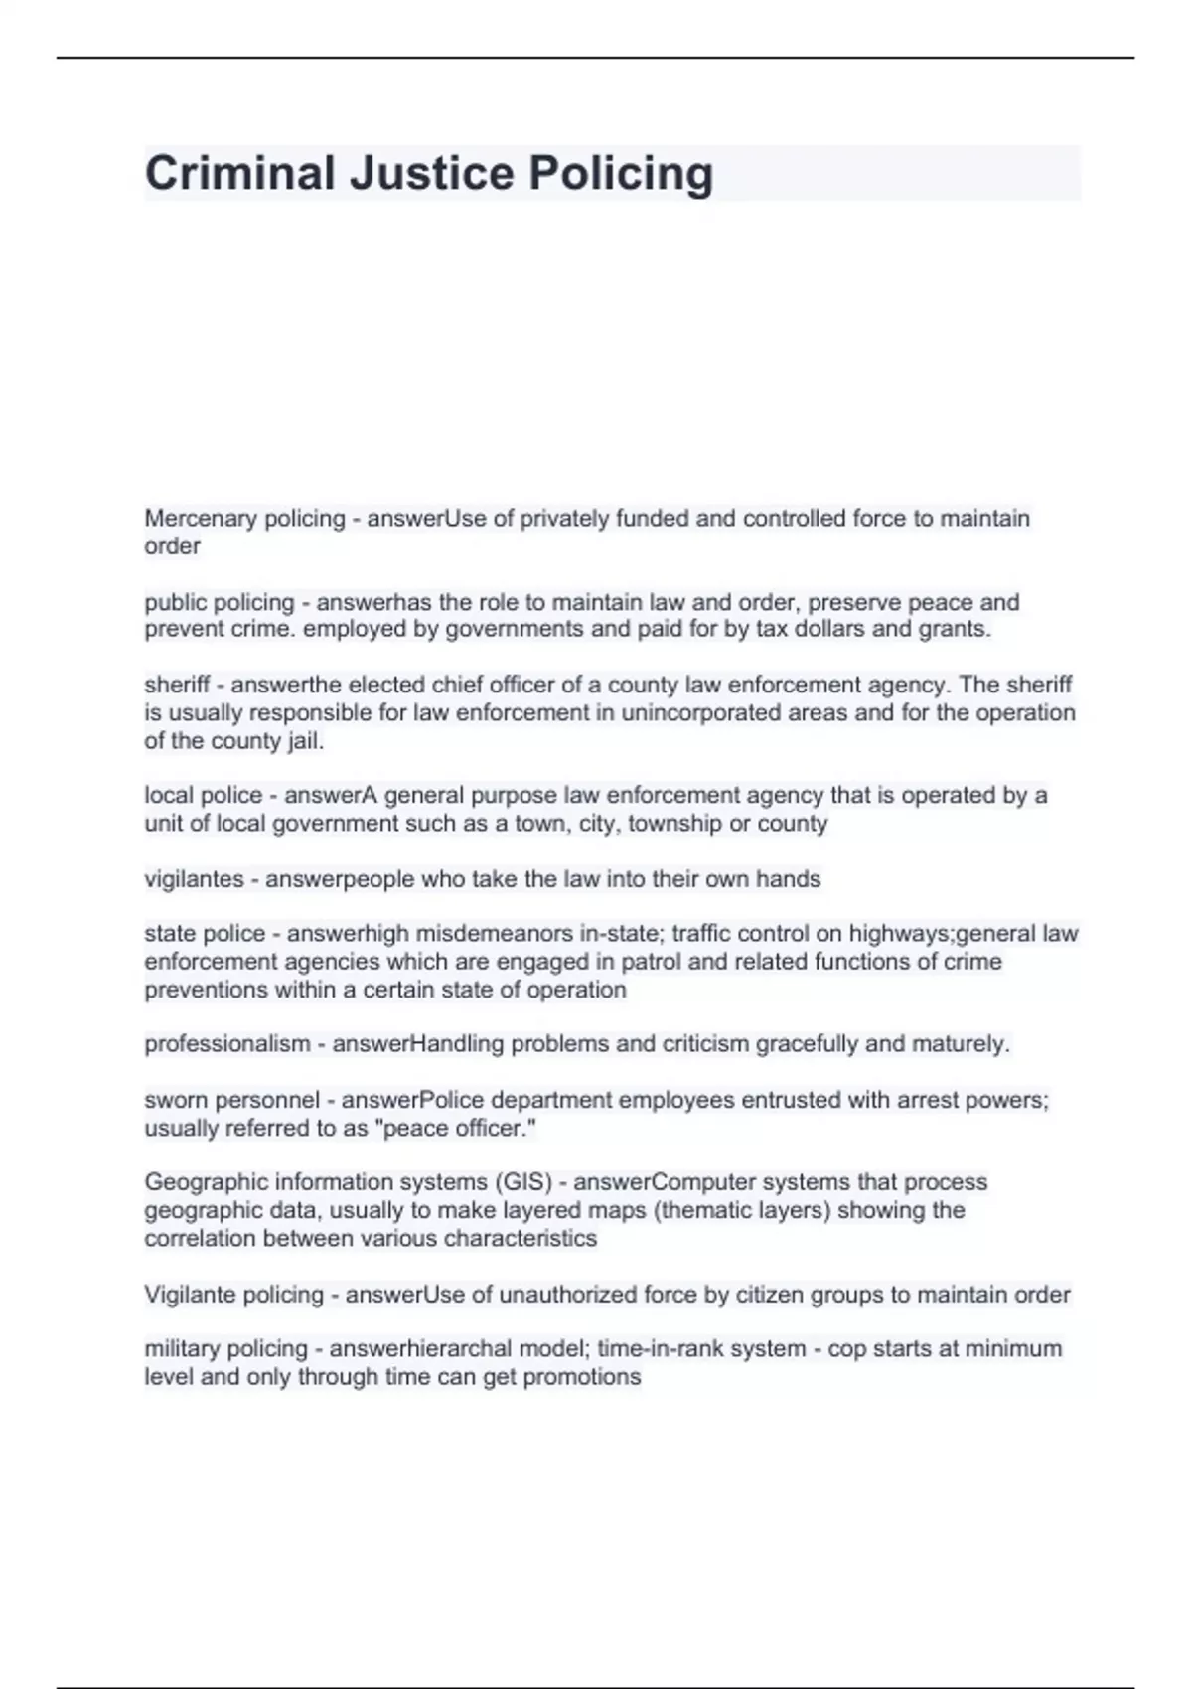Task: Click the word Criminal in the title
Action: point(239,173)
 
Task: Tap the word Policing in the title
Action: point(620,175)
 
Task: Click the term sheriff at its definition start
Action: point(177,685)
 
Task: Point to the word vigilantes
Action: point(194,879)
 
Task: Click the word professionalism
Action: point(227,1044)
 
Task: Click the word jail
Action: point(305,741)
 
